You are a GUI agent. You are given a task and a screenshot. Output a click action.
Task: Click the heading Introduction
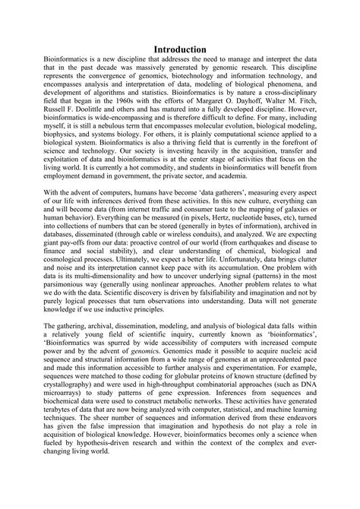coord(180,49)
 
